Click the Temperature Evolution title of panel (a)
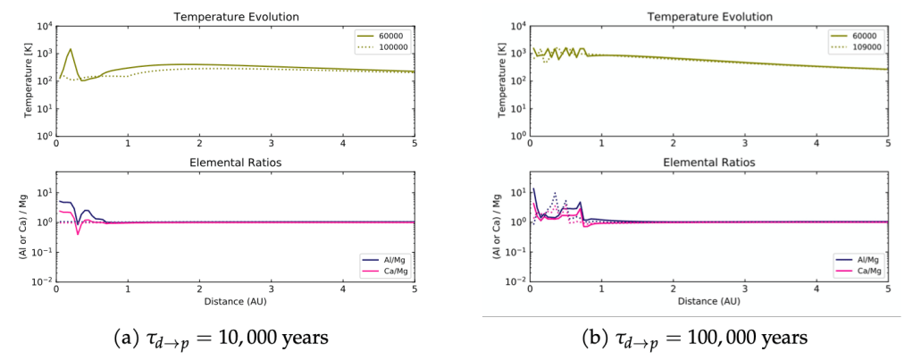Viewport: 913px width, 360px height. (235, 16)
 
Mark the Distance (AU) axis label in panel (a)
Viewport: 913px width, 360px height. (235, 302)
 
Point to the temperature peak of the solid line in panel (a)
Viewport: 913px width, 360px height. (71, 49)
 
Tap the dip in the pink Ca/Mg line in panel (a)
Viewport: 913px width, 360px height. (79, 234)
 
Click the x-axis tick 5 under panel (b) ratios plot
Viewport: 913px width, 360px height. (888, 291)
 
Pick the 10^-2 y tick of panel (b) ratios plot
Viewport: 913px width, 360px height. (514, 281)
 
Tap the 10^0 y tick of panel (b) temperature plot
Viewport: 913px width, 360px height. (515, 136)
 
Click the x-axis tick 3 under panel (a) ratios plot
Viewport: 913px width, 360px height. (271, 291)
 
